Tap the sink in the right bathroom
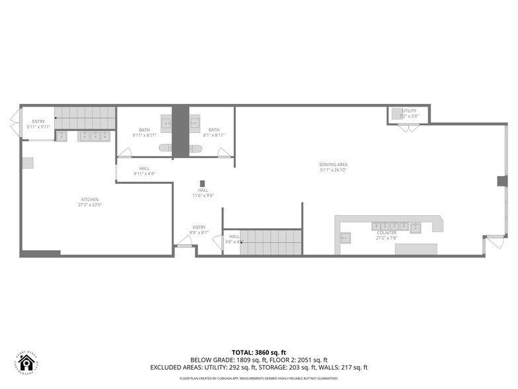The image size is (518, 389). [x=195, y=122]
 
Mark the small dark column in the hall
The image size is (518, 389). [x=202, y=183]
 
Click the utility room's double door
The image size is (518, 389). [x=408, y=127]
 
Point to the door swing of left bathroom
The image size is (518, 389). [x=124, y=153]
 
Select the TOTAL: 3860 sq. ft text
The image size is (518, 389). [x=258, y=351]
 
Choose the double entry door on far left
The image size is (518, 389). [x=14, y=122]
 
